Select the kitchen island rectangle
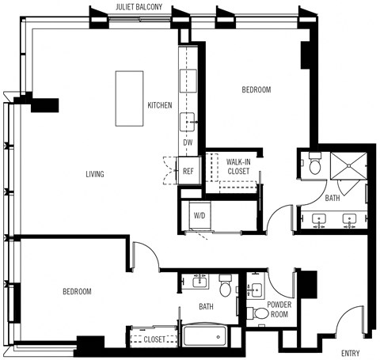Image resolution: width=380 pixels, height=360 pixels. tap(130, 98)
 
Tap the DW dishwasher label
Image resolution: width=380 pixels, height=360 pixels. tap(188, 142)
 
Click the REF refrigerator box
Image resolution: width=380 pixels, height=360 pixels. tap(188, 171)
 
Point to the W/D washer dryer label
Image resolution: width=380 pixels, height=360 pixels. tap(199, 214)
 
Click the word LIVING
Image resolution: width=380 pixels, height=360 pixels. tap(96, 173)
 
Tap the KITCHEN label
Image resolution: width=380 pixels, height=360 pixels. tap(159, 105)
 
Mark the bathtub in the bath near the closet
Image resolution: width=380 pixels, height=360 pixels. tap(207, 336)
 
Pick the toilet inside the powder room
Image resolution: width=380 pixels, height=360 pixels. tap(260, 314)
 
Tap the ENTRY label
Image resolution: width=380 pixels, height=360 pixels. tap(352, 352)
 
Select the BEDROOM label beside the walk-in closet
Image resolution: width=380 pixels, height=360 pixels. tap(256, 90)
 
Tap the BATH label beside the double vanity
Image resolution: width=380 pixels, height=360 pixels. tap(333, 198)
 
